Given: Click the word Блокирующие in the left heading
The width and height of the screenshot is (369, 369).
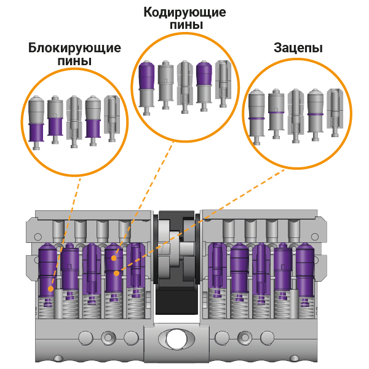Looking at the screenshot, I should pyautogui.click(x=74, y=49).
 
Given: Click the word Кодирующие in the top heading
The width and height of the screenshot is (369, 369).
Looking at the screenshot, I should pyautogui.click(x=184, y=12).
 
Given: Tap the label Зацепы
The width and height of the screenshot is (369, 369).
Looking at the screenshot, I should pyautogui.click(x=298, y=49).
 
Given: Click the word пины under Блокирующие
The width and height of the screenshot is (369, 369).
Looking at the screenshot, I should pyautogui.click(x=74, y=61).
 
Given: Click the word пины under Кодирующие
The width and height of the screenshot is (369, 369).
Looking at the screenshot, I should pyautogui.click(x=184, y=25).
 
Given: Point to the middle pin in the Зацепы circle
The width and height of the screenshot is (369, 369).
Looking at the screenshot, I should pyautogui.click(x=296, y=114).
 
